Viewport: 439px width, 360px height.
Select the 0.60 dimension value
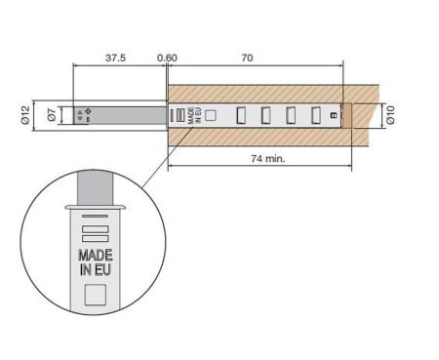(168, 59)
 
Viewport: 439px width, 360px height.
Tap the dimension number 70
(247, 59)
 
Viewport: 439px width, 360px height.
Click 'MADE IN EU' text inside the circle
(96, 262)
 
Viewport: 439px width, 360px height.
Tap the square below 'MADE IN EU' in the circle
(96, 295)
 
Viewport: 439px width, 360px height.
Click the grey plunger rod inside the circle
(96, 185)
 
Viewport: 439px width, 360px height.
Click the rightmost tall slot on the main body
(315, 115)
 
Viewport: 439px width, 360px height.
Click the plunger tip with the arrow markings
(85, 115)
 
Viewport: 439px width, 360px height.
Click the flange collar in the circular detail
(96, 207)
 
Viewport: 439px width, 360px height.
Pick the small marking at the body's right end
(333, 115)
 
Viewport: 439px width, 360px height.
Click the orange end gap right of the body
(342, 115)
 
